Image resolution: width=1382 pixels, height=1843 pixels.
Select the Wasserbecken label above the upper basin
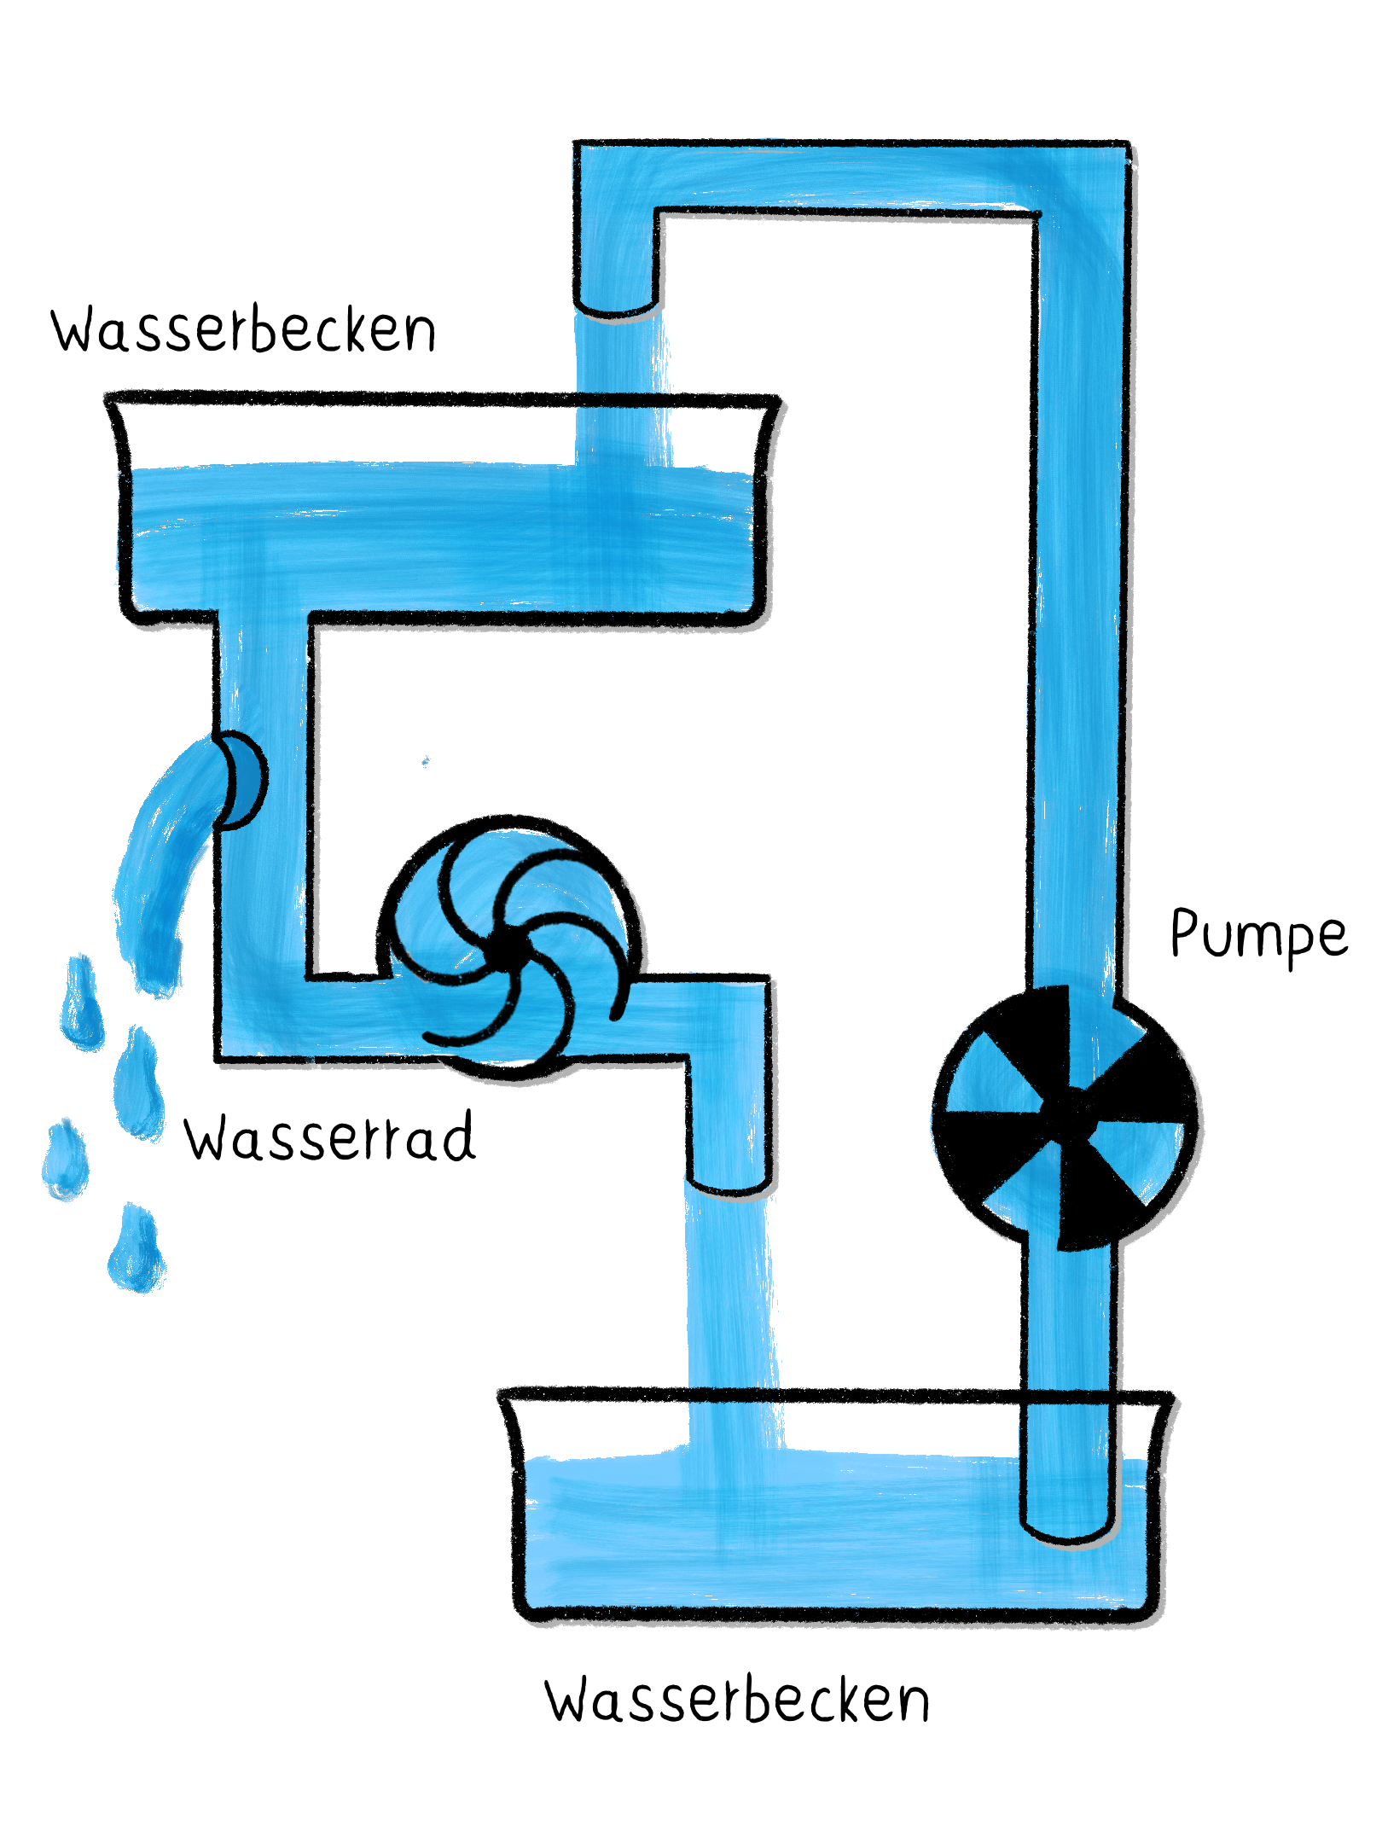(x=243, y=330)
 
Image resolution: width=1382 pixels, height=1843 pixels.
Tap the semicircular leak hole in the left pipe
(x=241, y=779)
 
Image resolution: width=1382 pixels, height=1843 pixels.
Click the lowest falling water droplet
(x=136, y=1250)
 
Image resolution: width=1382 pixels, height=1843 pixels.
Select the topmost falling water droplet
(x=82, y=1003)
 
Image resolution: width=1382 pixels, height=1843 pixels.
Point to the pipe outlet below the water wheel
(x=730, y=1182)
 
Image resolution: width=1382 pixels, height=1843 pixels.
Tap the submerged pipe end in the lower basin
(x=1069, y=1527)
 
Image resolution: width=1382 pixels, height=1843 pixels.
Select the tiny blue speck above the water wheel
(x=426, y=761)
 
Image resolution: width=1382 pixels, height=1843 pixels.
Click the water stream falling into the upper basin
(x=621, y=384)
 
